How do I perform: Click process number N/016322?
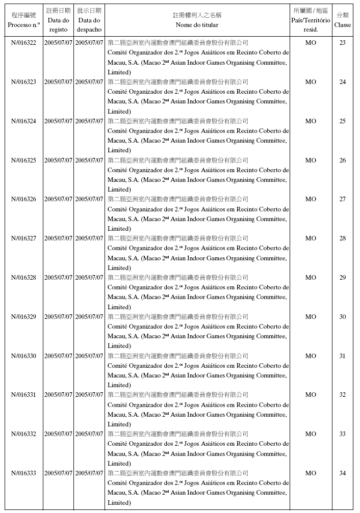(23, 43)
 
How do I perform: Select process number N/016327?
(23, 238)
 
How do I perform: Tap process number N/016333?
(23, 473)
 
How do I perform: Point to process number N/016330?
(23, 356)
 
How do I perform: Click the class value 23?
(342, 43)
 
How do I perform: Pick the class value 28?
(342, 238)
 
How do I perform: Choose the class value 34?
(342, 473)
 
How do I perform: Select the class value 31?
(342, 356)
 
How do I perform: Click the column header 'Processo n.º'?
(23, 24)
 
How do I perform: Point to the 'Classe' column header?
(342, 24)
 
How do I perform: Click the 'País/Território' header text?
(311, 20)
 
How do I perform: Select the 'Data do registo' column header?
(58, 25)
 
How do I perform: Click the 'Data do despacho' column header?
(89, 25)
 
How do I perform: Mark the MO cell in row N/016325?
(311, 160)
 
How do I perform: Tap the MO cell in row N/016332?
(311, 434)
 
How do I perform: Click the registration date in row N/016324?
(58, 121)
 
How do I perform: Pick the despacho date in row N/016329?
(89, 317)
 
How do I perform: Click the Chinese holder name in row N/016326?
(178, 199)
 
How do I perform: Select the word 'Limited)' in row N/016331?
(119, 424)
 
